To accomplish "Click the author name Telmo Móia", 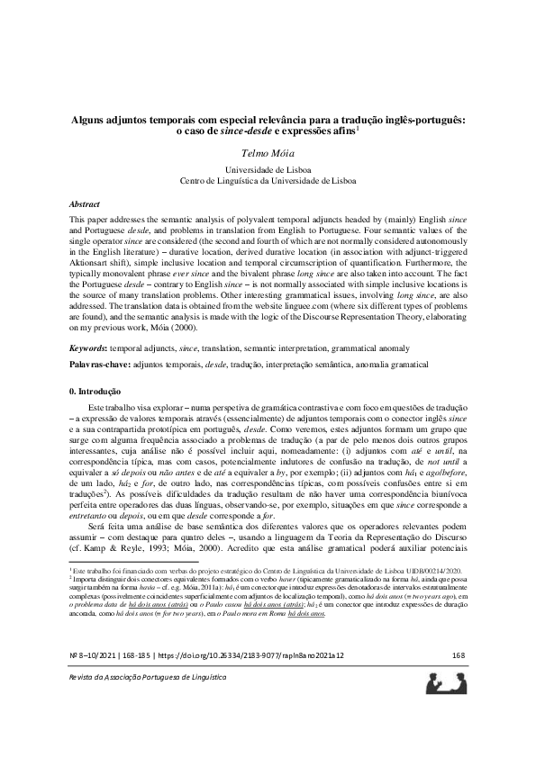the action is point(268,154).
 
